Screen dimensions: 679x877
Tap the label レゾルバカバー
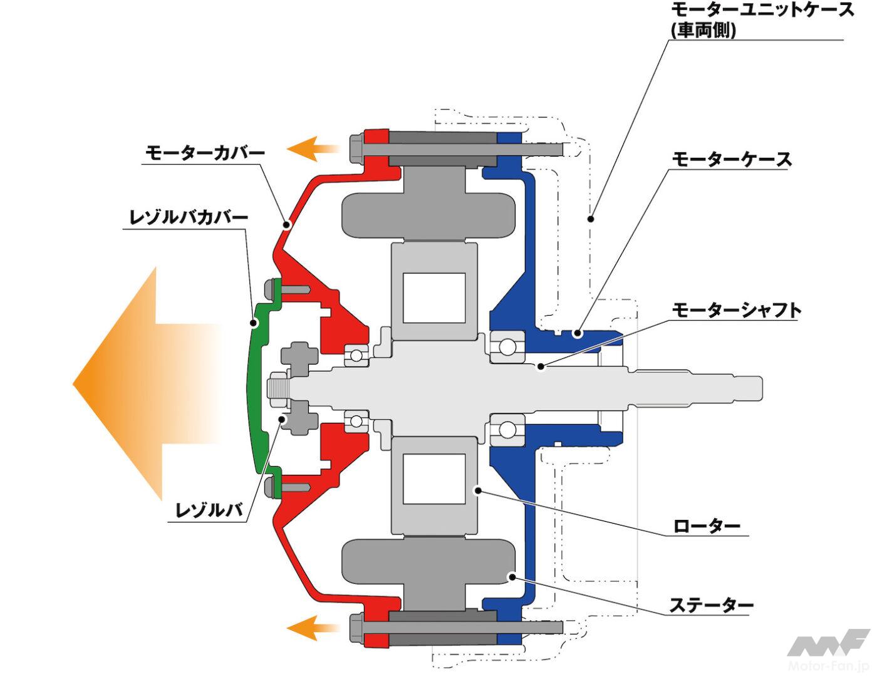point(189,218)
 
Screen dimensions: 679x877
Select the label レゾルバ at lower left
point(209,511)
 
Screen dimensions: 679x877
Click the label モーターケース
point(732,159)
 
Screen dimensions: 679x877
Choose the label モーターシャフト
point(737,310)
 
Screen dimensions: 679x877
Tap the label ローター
point(707,526)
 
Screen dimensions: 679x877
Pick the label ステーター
point(711,605)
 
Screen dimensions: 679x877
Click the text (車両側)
point(703,31)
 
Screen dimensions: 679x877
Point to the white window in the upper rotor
point(434,298)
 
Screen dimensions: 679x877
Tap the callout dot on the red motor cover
point(286,224)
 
